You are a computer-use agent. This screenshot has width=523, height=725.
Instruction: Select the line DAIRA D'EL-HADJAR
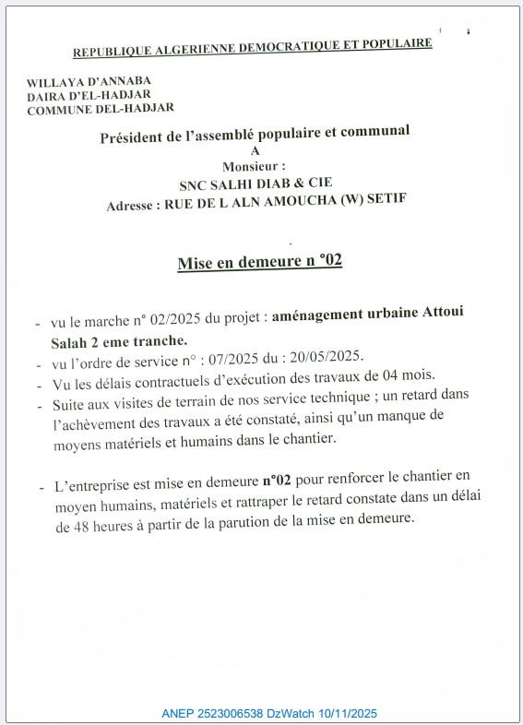click(x=89, y=95)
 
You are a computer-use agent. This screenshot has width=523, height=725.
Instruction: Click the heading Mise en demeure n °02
click(x=259, y=262)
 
